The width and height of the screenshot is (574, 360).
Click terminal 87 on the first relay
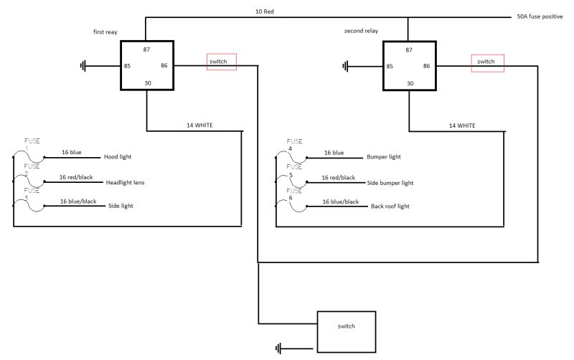click(x=146, y=49)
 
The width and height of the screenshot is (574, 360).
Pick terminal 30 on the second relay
click(x=410, y=83)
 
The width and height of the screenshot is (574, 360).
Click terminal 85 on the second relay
click(x=390, y=67)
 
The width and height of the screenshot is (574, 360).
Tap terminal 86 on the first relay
click(x=164, y=66)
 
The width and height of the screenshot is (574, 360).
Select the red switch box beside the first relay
click(x=221, y=62)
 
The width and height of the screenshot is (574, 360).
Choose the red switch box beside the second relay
click(x=487, y=62)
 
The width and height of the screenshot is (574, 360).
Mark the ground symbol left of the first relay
click(x=84, y=67)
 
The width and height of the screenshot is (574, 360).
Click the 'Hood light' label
click(x=118, y=156)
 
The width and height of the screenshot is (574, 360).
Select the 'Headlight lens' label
click(x=125, y=182)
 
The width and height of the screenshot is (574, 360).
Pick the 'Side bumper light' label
click(x=390, y=183)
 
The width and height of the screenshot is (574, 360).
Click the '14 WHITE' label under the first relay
click(x=199, y=125)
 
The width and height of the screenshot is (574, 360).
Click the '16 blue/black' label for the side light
click(x=78, y=202)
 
